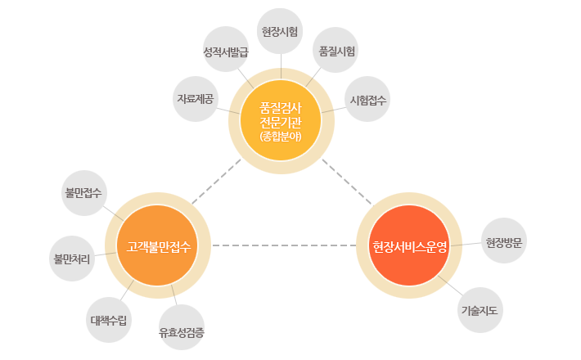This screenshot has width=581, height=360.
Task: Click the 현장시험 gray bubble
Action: click(281, 32)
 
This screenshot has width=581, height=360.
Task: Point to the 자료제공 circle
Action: click(196, 98)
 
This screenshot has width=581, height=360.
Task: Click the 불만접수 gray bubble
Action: click(84, 193)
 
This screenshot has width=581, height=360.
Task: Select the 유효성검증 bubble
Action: click(182, 329)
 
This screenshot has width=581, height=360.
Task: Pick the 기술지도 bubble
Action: click(480, 310)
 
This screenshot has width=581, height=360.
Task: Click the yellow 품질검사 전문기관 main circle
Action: click(281, 121)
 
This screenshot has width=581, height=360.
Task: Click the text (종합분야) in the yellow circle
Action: click(281, 137)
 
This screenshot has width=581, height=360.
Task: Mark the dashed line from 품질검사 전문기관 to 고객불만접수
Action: click(216, 182)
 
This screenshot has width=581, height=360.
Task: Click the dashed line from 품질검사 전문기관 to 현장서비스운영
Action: click(347, 182)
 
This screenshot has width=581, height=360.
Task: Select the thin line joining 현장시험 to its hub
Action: click(281, 67)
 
